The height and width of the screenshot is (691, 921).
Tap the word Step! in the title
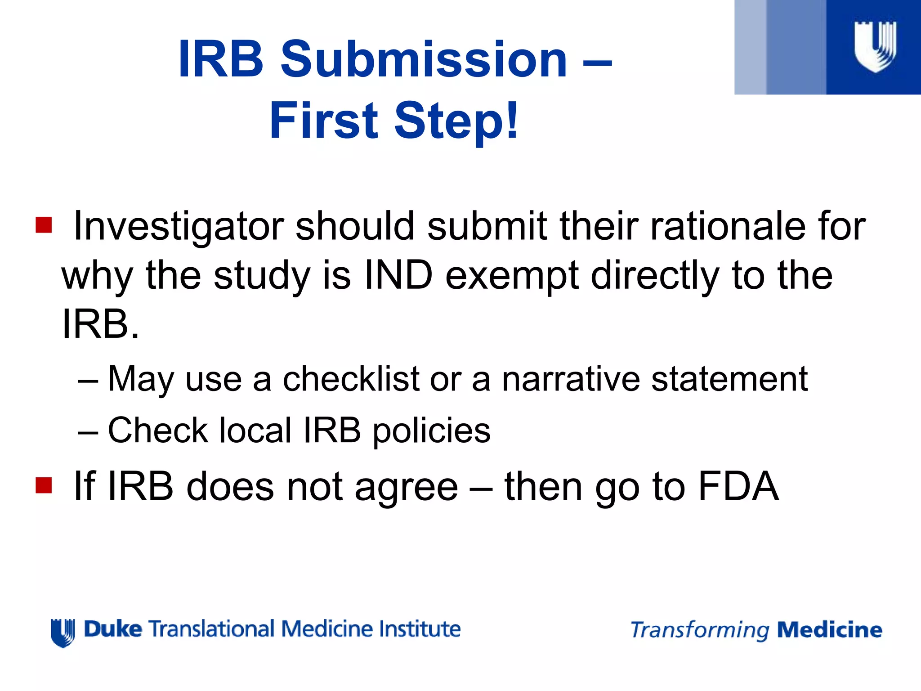pyautogui.click(x=457, y=121)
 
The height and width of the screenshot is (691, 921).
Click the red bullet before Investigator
pyautogui.click(x=44, y=224)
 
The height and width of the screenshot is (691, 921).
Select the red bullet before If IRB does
pyautogui.click(x=44, y=485)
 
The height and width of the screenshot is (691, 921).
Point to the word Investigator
pyautogui.click(x=179, y=226)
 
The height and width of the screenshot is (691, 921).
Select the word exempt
pyautogui.click(x=512, y=276)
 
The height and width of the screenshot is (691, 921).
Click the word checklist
pyautogui.click(x=351, y=379)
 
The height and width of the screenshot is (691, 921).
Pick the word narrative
pyautogui.click(x=571, y=379)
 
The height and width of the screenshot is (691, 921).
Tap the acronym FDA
pyautogui.click(x=738, y=486)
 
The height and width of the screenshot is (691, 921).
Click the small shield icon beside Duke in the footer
pyautogui.click(x=63, y=632)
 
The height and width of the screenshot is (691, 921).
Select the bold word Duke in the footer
pyautogui.click(x=113, y=629)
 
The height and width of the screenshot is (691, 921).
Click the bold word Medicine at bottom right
pyautogui.click(x=830, y=630)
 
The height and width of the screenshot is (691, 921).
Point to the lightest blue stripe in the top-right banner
pyautogui.click(x=750, y=47)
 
